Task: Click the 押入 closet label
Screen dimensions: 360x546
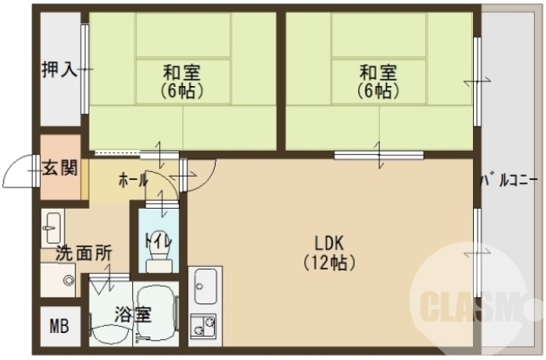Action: pyautogui.click(x=59, y=69)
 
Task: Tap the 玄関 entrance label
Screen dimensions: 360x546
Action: pyautogui.click(x=59, y=168)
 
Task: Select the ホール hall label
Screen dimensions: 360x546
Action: pyautogui.click(x=132, y=180)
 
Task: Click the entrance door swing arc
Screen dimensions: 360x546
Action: pyautogui.click(x=19, y=173)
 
